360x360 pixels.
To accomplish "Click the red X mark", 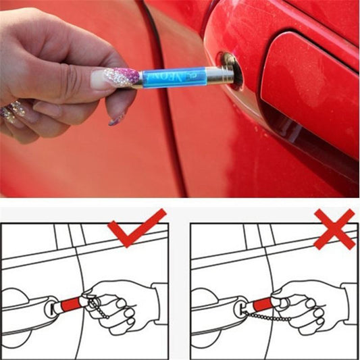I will [x=334, y=228].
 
